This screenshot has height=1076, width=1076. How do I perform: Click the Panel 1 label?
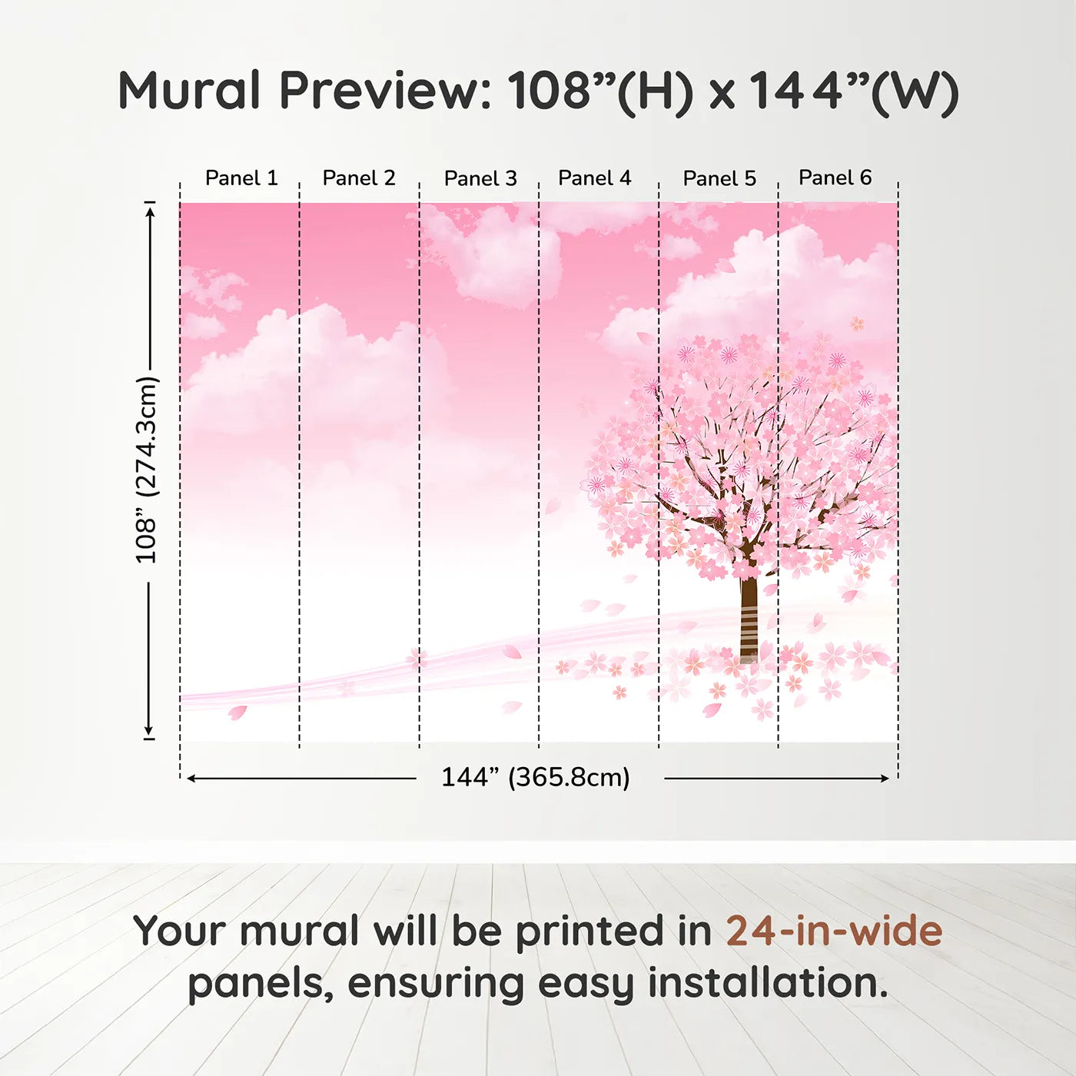pyautogui.click(x=241, y=178)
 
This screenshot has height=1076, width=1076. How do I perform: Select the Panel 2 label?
pyautogui.click(x=359, y=178)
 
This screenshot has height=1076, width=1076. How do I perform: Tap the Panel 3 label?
pyautogui.click(x=480, y=178)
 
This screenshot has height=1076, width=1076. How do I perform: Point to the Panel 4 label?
pyautogui.click(x=594, y=178)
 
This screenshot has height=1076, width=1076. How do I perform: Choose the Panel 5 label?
pyautogui.click(x=719, y=178)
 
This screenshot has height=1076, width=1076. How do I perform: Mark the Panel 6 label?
pyautogui.click(x=835, y=178)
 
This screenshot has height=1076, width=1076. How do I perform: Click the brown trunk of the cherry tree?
pyautogui.click(x=749, y=615)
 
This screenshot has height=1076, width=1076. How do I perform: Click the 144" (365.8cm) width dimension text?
pyautogui.click(x=535, y=778)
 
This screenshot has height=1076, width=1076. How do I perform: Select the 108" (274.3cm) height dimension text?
pyautogui.click(x=146, y=470)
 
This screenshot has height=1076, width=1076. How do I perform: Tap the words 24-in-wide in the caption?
pyautogui.click(x=834, y=931)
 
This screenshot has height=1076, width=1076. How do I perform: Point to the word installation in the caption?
pyautogui.click(x=767, y=983)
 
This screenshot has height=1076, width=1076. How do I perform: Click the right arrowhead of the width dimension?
pyautogui.click(x=885, y=779)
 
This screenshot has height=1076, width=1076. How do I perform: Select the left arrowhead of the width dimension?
pyautogui.click(x=191, y=779)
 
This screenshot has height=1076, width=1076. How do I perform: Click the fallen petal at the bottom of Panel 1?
pyautogui.click(x=237, y=712)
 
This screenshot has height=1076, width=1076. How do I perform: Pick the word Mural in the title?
pyautogui.click(x=189, y=91)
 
